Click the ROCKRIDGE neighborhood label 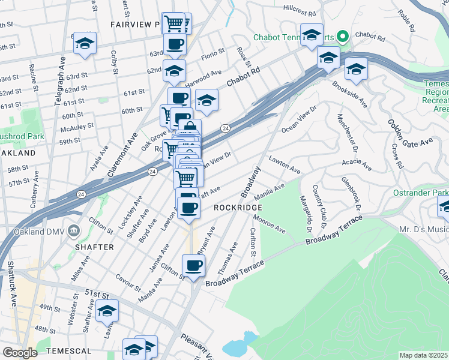coord(238,207)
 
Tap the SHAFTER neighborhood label coord(95,247)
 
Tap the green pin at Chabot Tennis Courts coord(343,37)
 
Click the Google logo coord(20,352)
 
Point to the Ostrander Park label coord(424,193)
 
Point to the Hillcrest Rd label coord(300,13)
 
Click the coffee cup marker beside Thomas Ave coord(193,265)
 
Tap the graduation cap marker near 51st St coord(107,310)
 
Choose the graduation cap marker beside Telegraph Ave coord(85,43)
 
